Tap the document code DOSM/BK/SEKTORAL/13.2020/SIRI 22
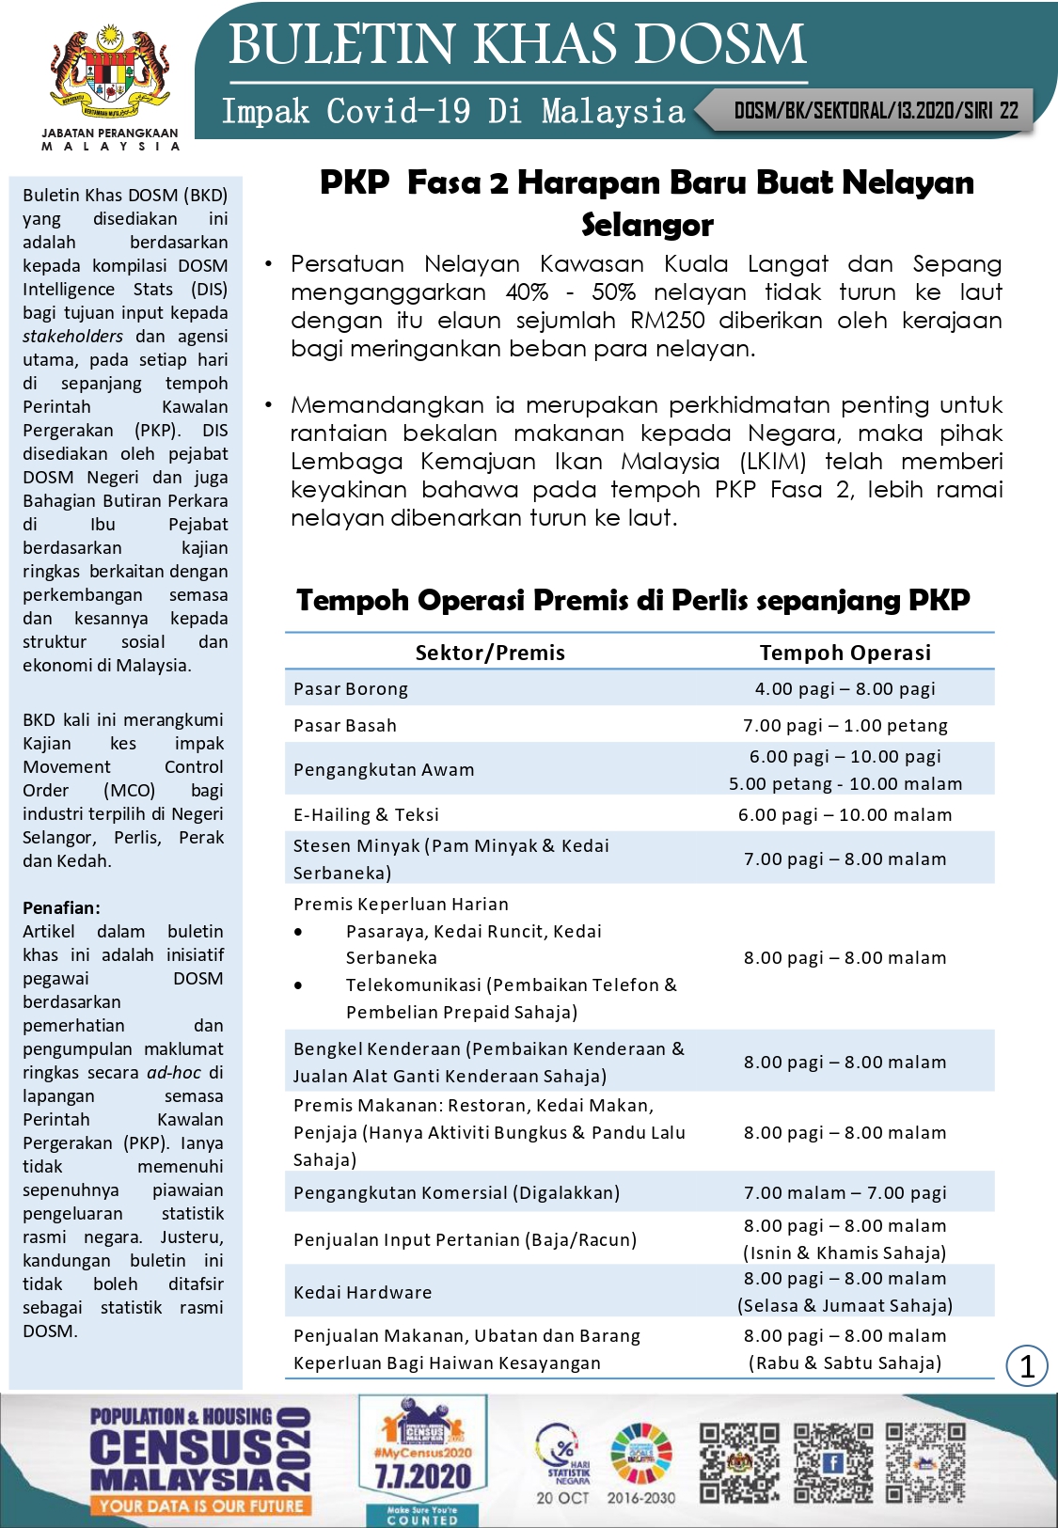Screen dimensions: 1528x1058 (876, 111)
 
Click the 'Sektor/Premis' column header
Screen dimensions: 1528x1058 (490, 653)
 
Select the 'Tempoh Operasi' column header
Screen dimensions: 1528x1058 (845, 653)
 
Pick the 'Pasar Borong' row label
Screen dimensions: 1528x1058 (351, 689)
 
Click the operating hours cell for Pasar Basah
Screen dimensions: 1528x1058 (845, 726)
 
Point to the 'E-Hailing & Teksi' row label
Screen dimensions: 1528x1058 (366, 815)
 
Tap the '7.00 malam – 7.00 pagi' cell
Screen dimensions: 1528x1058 (845, 1193)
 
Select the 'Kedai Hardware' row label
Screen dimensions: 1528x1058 (362, 1293)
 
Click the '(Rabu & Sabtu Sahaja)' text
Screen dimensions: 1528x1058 (845, 1363)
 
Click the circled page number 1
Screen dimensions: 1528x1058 (1026, 1365)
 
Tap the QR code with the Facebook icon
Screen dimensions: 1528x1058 (832, 1462)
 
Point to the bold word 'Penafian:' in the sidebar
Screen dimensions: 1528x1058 (61, 908)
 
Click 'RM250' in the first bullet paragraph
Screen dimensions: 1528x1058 (667, 321)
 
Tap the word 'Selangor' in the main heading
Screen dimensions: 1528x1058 (647, 226)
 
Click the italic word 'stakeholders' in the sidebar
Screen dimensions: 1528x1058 (72, 337)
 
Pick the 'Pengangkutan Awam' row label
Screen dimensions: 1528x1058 (384, 770)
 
